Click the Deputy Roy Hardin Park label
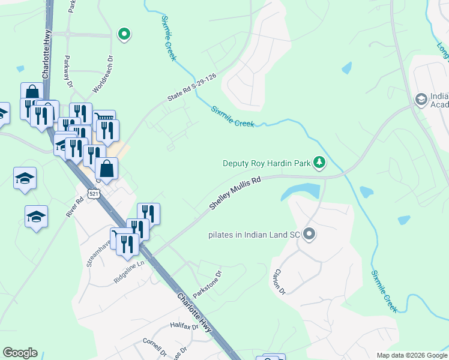pos(268,163)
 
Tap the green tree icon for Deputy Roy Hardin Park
pos(320,162)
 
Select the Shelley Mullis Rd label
pos(235,193)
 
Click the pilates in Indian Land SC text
pos(254,234)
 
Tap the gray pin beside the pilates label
pos(309,233)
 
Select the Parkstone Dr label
pos(208,284)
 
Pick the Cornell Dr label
pos(154,347)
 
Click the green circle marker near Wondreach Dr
pos(124,34)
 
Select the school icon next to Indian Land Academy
pos(421,98)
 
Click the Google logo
pos(20,353)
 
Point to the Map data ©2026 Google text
pos(411,355)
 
